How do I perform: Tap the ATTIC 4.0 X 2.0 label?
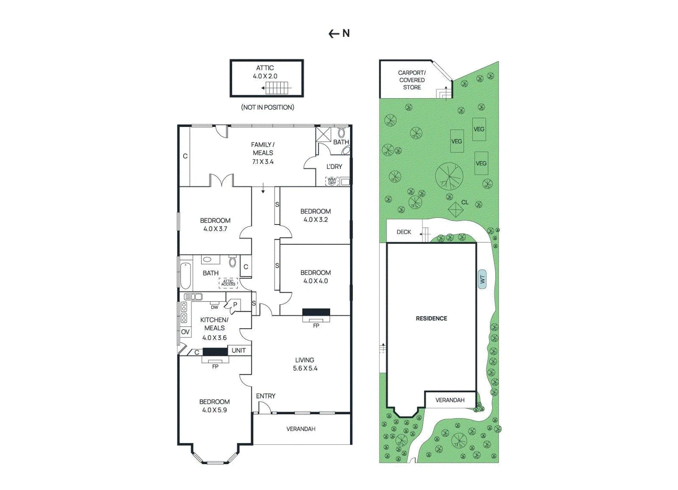click(265, 72)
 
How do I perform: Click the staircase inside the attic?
click(275, 88)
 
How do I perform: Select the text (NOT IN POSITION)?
click(267, 107)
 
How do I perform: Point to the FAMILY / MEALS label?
click(263, 149)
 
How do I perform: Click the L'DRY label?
click(334, 167)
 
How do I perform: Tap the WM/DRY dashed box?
click(332, 181)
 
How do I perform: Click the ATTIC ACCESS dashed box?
click(228, 283)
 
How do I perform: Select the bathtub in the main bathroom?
click(186, 276)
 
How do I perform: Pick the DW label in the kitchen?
click(214, 307)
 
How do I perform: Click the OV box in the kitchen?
click(185, 332)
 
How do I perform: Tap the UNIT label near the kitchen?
click(239, 350)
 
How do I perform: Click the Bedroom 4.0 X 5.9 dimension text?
click(214, 410)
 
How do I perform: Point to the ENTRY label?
click(265, 396)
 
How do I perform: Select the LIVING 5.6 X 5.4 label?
click(305, 364)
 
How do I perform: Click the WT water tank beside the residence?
click(482, 279)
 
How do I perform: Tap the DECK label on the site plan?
click(404, 232)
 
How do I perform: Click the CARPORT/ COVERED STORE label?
click(412, 80)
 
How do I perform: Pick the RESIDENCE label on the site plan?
click(431, 318)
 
